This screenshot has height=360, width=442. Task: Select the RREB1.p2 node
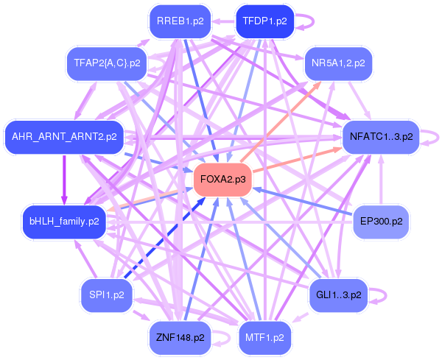(180, 21)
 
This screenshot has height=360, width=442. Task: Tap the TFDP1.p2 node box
(264, 21)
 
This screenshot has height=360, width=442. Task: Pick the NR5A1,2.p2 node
(338, 63)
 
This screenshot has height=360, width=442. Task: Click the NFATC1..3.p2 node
(381, 137)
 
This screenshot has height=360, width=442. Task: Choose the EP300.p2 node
(381, 221)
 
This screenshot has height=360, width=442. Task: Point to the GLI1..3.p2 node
(338, 294)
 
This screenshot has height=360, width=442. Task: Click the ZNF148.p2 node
(180, 337)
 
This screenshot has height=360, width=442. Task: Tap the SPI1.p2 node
(106, 294)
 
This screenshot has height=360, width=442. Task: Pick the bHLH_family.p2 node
(63, 221)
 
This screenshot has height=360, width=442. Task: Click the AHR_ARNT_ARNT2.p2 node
(63, 137)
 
